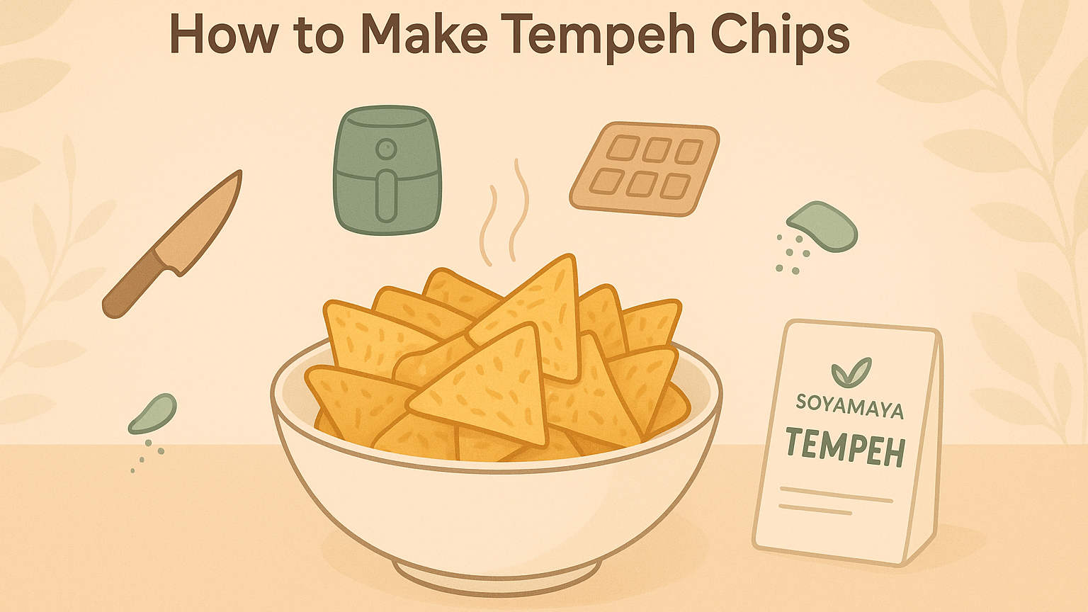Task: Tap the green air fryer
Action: coord(387,170)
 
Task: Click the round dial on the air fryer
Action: coord(386,149)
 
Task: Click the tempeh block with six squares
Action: coord(644,169)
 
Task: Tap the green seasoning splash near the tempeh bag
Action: coord(824,227)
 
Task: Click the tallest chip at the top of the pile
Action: coord(538,312)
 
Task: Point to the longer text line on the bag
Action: coord(836,494)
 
